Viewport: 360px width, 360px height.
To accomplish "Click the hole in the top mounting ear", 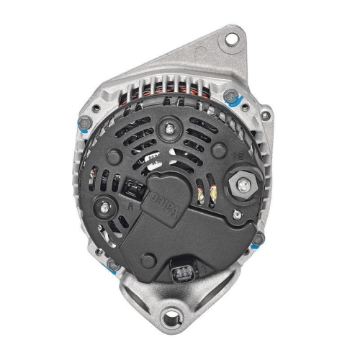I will [x=232, y=35].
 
